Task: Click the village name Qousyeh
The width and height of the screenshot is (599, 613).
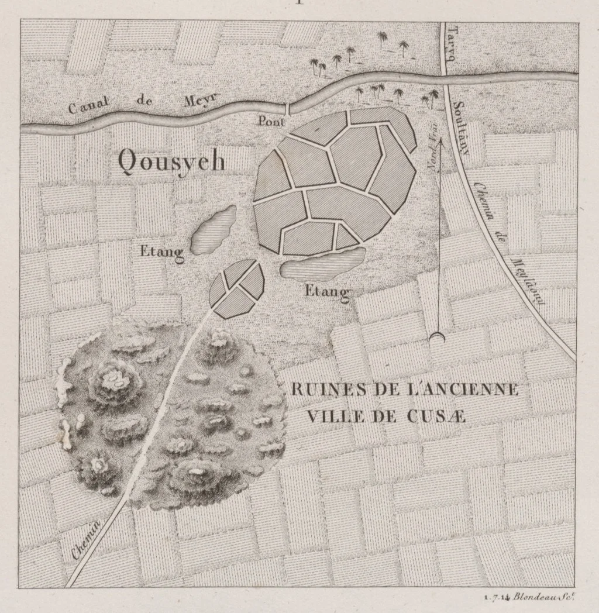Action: click(x=171, y=160)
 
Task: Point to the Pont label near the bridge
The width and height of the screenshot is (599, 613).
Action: click(x=270, y=122)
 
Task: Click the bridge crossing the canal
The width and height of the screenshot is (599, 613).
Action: click(x=287, y=108)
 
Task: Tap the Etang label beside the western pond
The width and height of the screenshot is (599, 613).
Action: click(x=162, y=252)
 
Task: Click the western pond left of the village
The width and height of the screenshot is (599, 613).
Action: click(x=214, y=229)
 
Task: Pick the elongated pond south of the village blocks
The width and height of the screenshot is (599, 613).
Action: click(x=323, y=264)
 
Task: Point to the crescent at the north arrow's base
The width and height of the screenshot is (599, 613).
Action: click(x=437, y=337)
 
